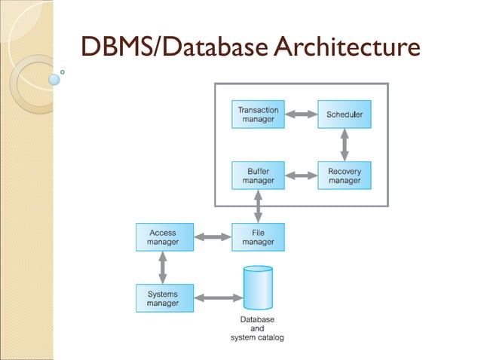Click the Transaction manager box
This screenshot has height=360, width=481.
click(x=258, y=114)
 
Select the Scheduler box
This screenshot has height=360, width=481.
click(x=345, y=114)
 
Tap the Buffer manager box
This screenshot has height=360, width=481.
click(x=258, y=176)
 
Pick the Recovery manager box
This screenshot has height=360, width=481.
click(x=345, y=176)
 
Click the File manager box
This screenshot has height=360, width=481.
click(x=258, y=238)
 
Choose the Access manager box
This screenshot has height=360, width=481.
click(x=164, y=238)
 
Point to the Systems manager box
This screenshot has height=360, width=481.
click(x=164, y=299)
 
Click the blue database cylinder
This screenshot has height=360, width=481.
click(x=257, y=289)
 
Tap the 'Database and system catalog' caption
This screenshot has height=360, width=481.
click(x=257, y=328)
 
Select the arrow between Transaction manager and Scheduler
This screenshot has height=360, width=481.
click(x=302, y=114)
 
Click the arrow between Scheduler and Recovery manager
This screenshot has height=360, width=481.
click(x=345, y=145)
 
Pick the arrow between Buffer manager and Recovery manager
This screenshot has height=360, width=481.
click(x=302, y=176)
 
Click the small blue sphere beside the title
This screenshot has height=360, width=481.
click(x=54, y=78)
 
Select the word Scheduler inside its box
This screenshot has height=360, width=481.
click(x=345, y=114)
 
